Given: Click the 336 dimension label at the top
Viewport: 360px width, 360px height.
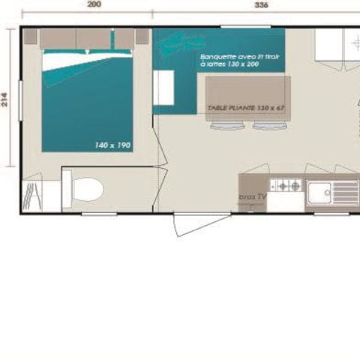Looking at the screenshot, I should [261, 4].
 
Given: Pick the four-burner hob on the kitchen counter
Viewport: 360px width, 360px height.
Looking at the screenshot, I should [286, 184].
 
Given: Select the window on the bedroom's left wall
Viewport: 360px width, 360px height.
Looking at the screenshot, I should [21, 101].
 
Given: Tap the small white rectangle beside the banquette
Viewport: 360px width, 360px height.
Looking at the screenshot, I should [164, 88].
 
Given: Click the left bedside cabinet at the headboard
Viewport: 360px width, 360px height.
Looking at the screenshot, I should [57, 38].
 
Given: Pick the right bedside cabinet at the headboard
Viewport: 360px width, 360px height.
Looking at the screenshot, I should [124, 38].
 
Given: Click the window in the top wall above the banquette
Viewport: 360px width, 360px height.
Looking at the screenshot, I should [245, 26].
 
